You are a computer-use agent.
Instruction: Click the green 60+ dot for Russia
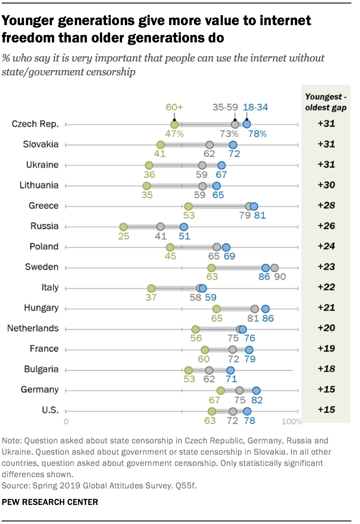123,226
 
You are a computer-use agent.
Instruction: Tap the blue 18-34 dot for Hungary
266,308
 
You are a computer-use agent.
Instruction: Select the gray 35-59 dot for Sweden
274,268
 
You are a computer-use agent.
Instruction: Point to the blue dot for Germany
257,390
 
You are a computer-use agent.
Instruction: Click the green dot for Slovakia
161,145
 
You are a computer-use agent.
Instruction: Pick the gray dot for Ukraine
202,165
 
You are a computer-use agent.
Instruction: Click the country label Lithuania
39,185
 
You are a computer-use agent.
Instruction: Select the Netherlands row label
33,328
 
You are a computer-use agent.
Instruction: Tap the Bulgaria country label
41,369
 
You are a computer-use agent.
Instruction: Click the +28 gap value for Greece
326,206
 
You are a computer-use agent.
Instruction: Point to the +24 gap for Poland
326,247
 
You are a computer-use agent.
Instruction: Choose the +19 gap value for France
326,349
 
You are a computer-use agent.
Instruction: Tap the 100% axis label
293,422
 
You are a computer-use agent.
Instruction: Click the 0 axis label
66,422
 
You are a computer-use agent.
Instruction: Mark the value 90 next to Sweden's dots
280,276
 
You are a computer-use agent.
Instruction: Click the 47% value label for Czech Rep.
174,133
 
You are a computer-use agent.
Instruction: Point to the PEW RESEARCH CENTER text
50,502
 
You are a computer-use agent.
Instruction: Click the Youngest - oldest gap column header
326,102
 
